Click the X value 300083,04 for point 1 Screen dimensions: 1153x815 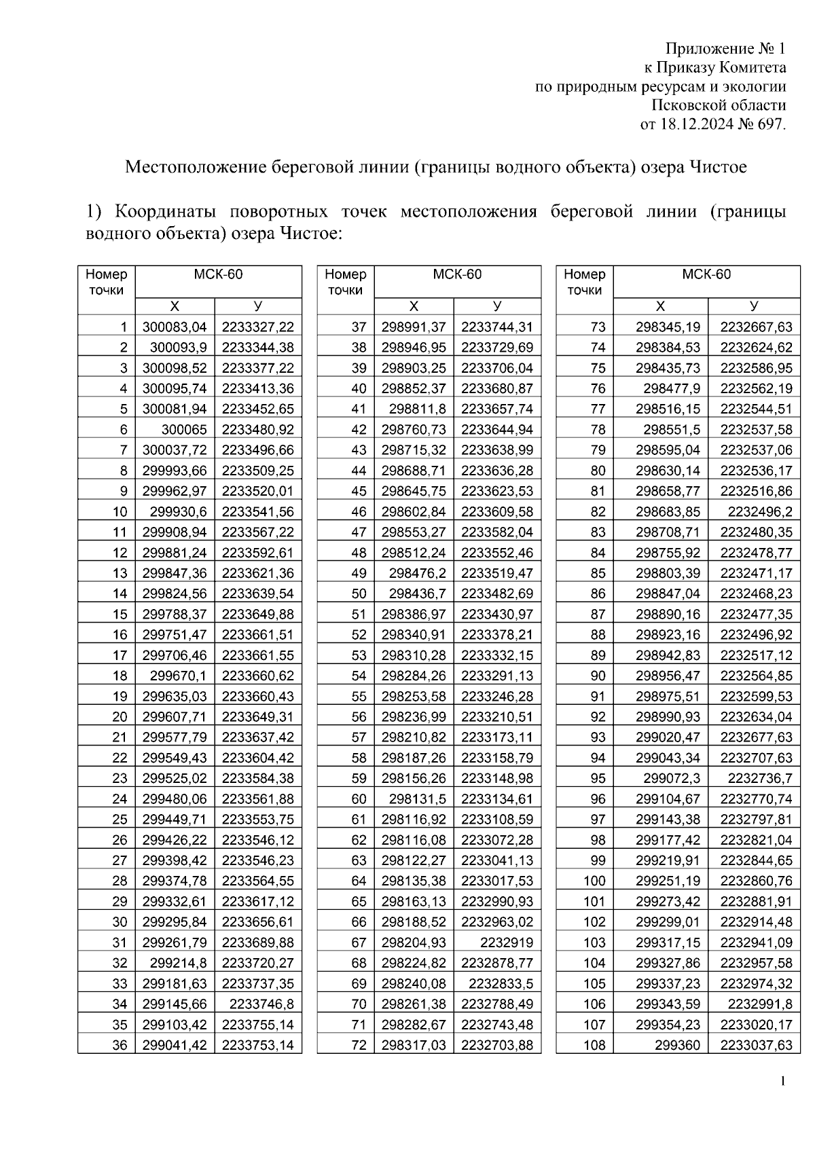(174, 327)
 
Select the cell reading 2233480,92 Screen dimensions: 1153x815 (257, 430)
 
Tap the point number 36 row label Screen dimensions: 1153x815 (120, 1045)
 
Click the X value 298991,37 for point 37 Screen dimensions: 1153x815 (414, 327)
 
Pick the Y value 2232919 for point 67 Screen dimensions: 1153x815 (506, 942)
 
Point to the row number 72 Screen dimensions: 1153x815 (359, 1045)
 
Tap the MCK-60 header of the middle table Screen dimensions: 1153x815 (457, 274)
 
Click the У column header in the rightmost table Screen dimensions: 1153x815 (753, 306)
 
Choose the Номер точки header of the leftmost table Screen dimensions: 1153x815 (107, 282)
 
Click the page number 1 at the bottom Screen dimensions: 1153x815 (782, 1081)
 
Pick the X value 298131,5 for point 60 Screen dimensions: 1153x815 (417, 799)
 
